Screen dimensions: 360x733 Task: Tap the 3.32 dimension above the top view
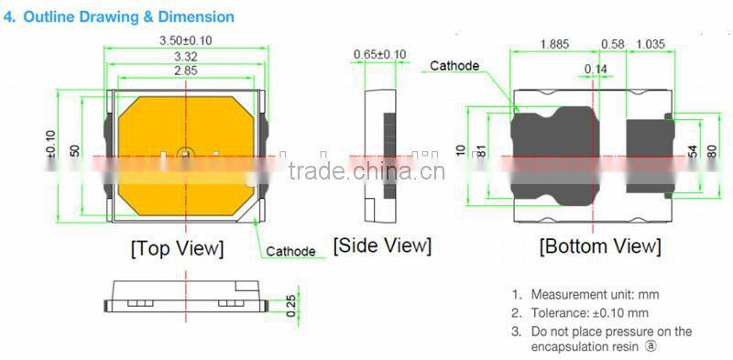point(186,58)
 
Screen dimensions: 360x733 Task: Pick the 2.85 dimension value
point(186,71)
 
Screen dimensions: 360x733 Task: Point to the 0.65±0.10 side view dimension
point(380,55)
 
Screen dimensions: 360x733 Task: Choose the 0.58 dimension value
point(612,44)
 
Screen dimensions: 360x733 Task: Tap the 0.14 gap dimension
point(596,69)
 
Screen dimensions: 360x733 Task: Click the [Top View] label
point(177,248)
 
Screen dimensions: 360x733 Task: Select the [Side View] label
point(381,245)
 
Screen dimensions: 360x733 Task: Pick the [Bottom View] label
point(599,246)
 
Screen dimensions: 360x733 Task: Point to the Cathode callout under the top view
point(291,251)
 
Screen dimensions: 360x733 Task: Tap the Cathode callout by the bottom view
point(454,66)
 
